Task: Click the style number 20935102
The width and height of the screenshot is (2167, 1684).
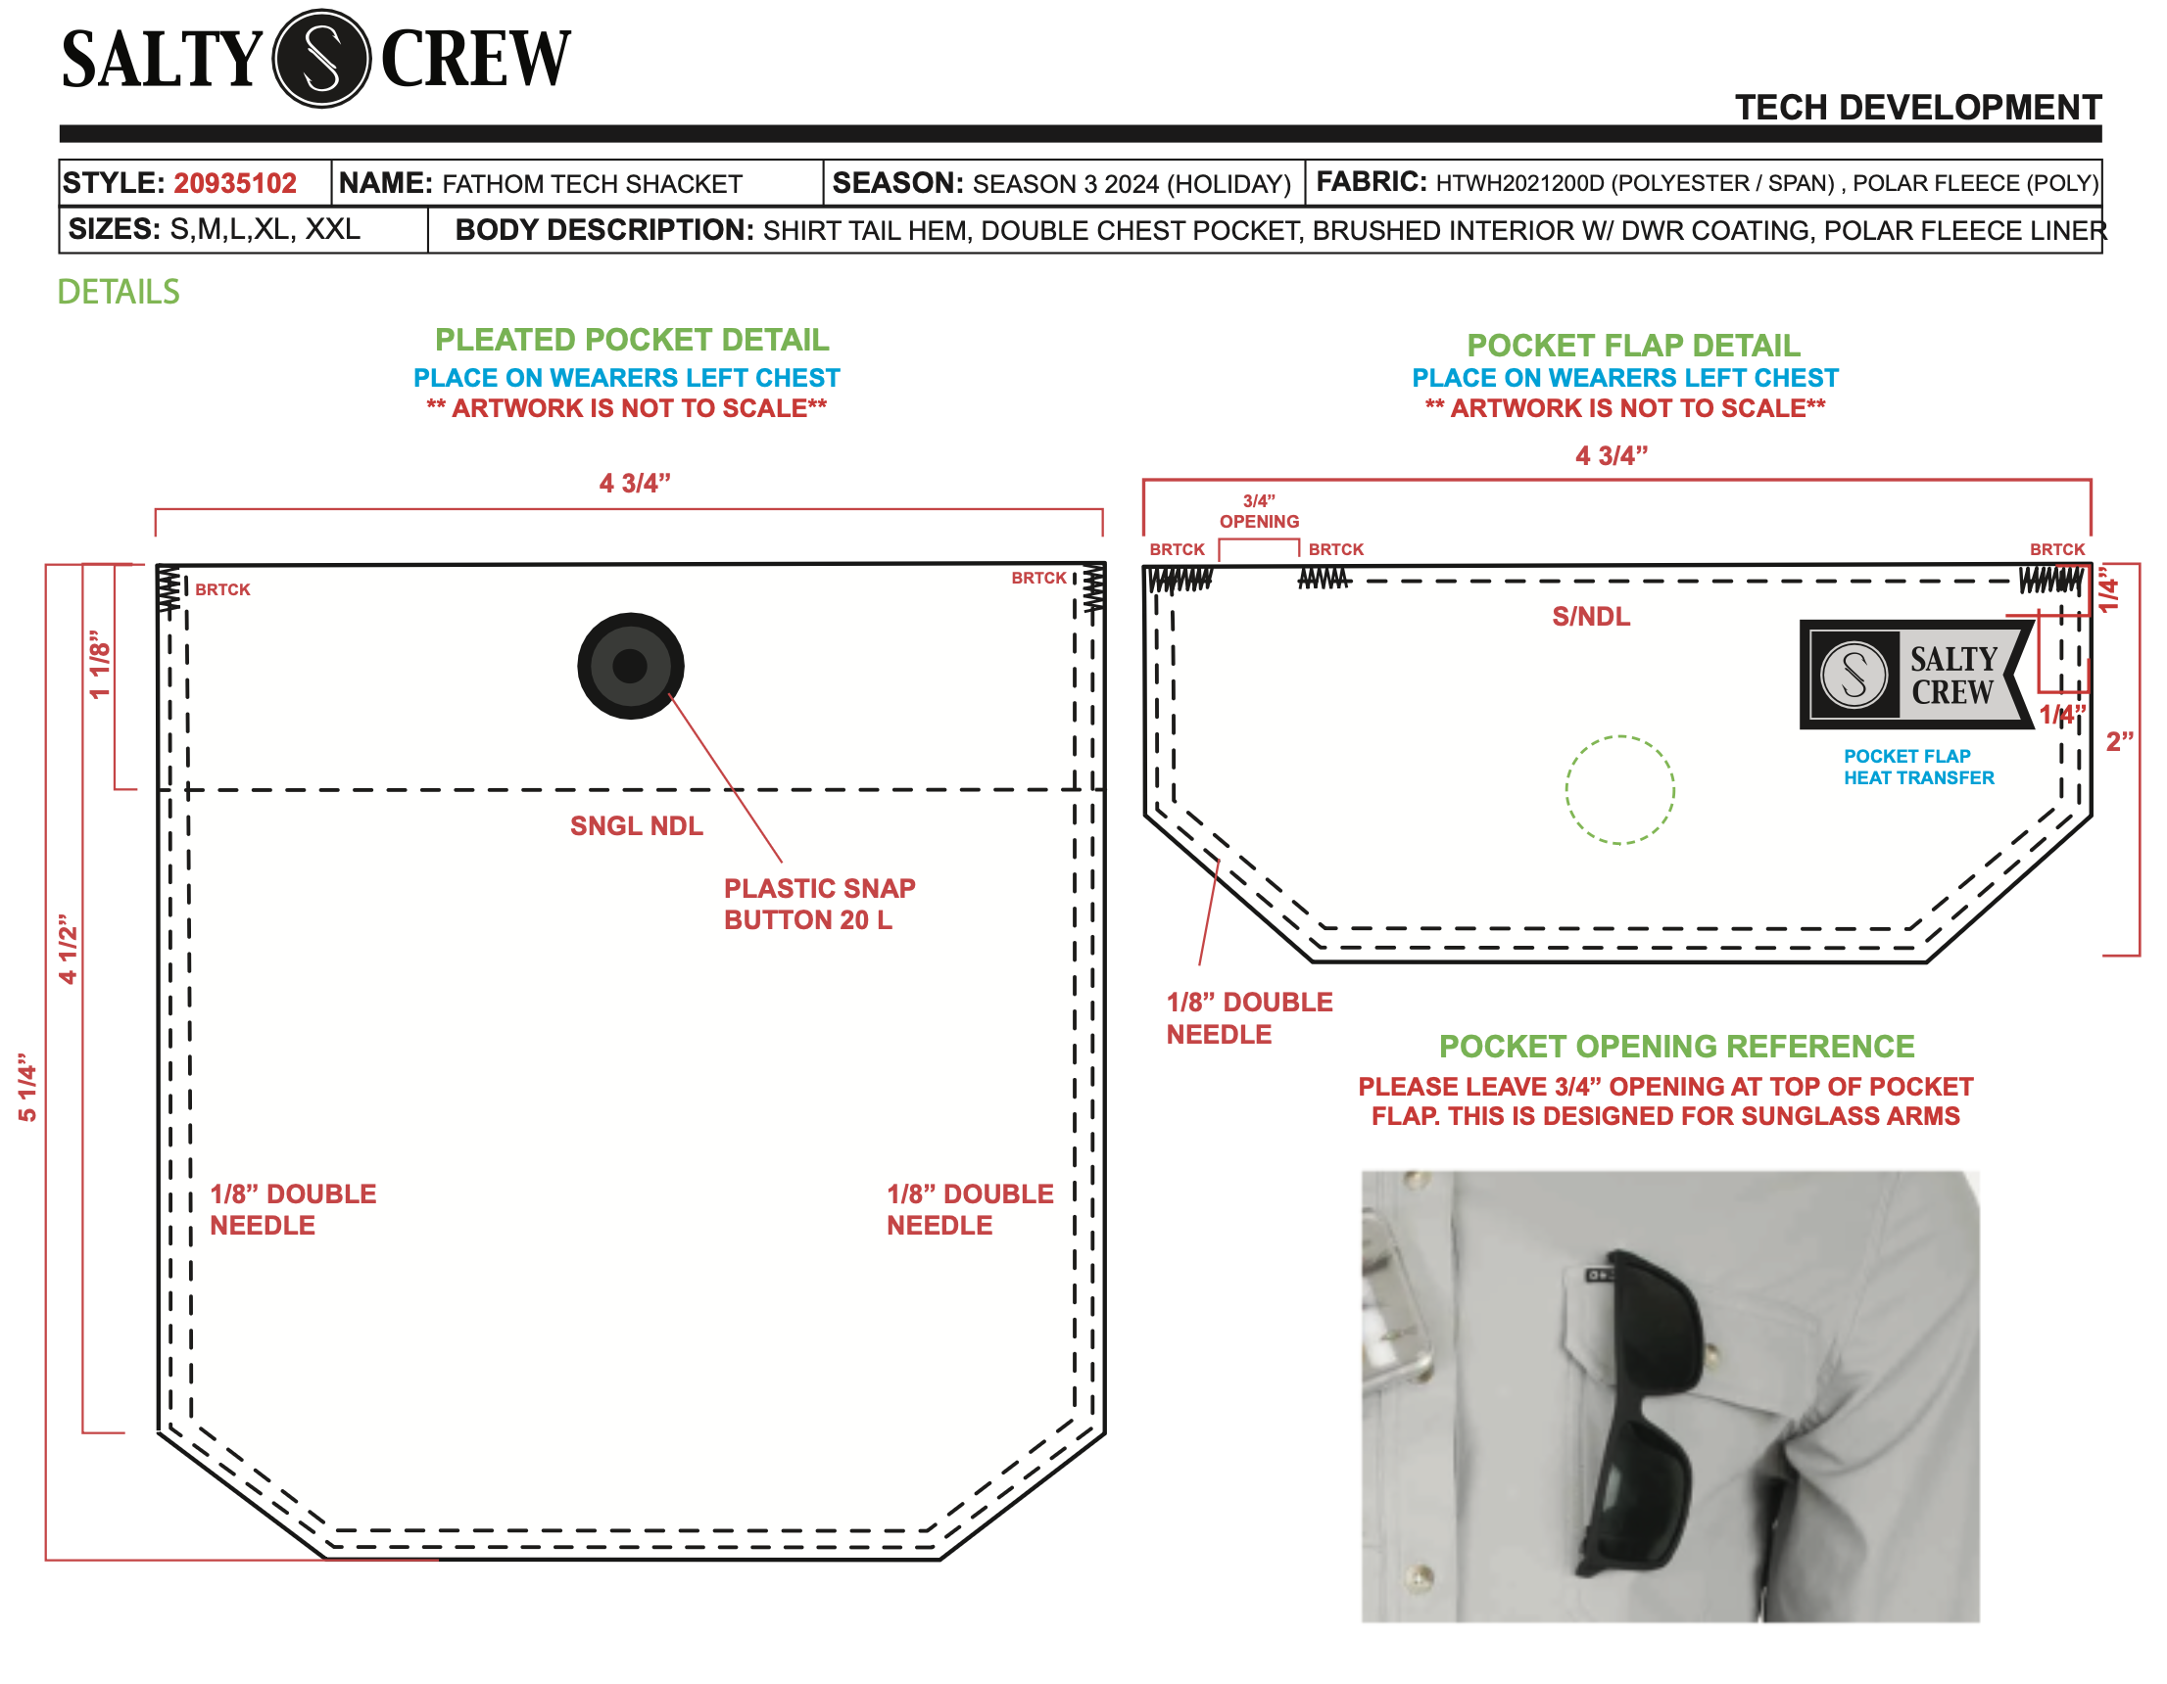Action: pos(235,183)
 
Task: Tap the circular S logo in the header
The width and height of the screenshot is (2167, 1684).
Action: pos(321,59)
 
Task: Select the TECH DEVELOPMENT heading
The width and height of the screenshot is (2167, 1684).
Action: pos(1917,107)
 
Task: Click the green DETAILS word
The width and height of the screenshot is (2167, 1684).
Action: pos(119,292)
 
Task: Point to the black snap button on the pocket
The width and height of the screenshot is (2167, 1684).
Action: pos(630,666)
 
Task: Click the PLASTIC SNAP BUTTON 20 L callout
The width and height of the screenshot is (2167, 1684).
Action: pos(820,904)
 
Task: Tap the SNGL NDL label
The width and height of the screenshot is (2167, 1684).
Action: pos(636,825)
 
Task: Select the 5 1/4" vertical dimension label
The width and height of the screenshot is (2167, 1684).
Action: pos(27,1087)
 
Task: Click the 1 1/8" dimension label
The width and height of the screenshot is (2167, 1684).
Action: pos(99,664)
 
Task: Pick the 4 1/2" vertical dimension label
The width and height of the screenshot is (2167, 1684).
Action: pos(68,949)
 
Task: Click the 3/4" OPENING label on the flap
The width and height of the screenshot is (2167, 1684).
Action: pos(1259,511)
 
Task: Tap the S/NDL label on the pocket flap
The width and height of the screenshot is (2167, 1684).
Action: pos(1591,616)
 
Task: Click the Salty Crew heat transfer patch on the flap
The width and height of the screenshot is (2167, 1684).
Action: pos(1916,675)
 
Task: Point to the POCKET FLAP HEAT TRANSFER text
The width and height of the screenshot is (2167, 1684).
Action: pos(1918,767)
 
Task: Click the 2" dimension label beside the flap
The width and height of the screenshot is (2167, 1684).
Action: pos(2119,741)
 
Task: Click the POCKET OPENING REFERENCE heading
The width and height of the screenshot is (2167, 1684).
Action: pos(1676,1046)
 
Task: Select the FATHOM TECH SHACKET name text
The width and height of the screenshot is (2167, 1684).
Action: pos(592,184)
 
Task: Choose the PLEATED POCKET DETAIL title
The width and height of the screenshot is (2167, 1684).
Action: pos(631,339)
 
